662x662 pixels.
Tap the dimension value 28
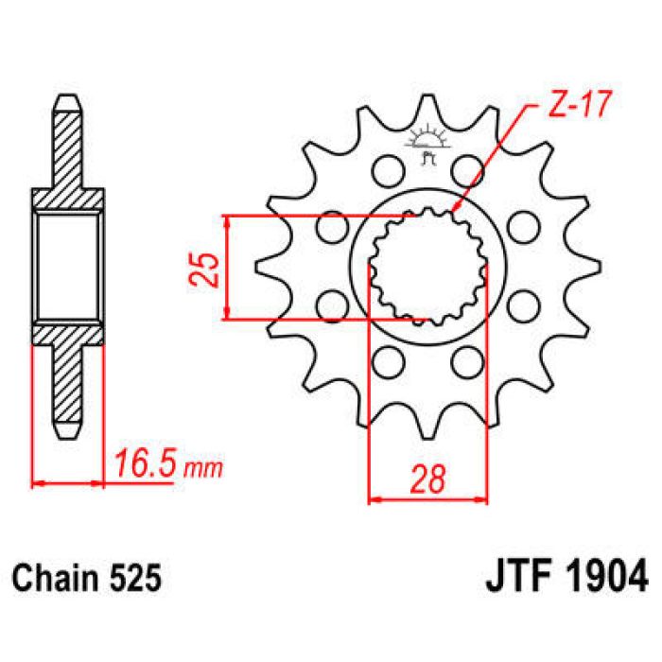pyautogui.click(x=427, y=481)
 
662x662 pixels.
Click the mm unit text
pyautogui.click(x=199, y=468)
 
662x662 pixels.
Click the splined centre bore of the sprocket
pyautogui.click(x=426, y=266)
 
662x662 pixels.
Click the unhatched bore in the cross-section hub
pyautogui.click(x=67, y=267)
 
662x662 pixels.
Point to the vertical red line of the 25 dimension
pyautogui.click(x=227, y=267)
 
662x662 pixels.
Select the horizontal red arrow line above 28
pyautogui.click(x=427, y=498)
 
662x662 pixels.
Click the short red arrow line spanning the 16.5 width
pyautogui.click(x=67, y=483)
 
